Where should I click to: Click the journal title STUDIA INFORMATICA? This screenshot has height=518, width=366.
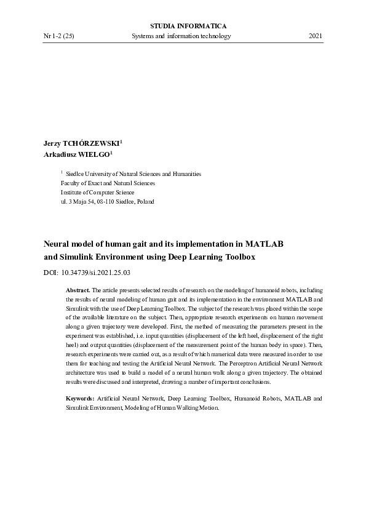188,26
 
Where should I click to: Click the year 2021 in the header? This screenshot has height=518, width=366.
315,36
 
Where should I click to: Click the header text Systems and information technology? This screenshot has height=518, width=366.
181,36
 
